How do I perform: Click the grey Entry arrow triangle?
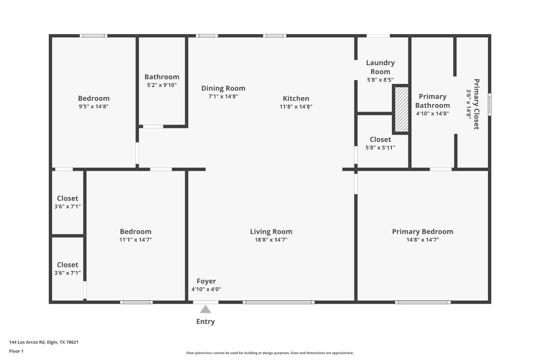coord(205,309)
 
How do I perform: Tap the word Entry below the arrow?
coord(205,322)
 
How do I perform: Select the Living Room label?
coord(271,232)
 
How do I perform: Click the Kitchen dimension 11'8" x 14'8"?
coord(296,106)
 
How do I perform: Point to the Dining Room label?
coord(223,88)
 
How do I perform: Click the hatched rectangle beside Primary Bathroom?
coord(401,109)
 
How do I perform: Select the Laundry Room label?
coord(380,67)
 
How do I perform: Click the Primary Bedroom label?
coord(422,232)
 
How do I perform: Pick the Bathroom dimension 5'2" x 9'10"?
coord(162,85)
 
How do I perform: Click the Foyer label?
coord(206,281)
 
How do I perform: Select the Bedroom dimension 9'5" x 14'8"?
coord(94,106)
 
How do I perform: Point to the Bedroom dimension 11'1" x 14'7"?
coord(135,240)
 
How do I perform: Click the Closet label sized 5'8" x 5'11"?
coord(380,140)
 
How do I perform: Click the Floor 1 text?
coord(16,351)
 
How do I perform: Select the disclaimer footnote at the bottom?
coord(270,353)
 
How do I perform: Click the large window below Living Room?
coord(278,302)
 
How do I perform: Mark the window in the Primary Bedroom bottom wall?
coord(423,302)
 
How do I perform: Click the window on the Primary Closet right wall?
coord(490,104)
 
